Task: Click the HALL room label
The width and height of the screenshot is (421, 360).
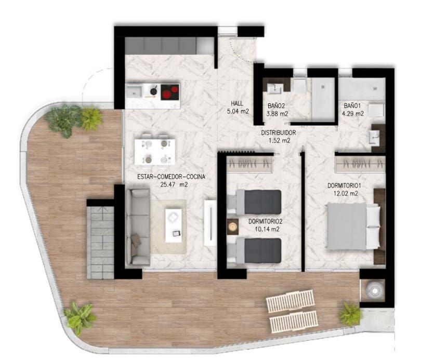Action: pos(238,103)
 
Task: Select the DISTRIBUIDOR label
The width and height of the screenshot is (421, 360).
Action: pos(278,133)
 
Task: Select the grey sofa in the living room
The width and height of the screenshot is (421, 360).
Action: pos(138,227)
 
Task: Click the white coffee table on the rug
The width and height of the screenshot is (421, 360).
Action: pos(174,224)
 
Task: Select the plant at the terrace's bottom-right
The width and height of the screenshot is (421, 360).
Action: pos(351,313)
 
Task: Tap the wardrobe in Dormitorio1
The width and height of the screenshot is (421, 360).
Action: pos(360,164)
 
